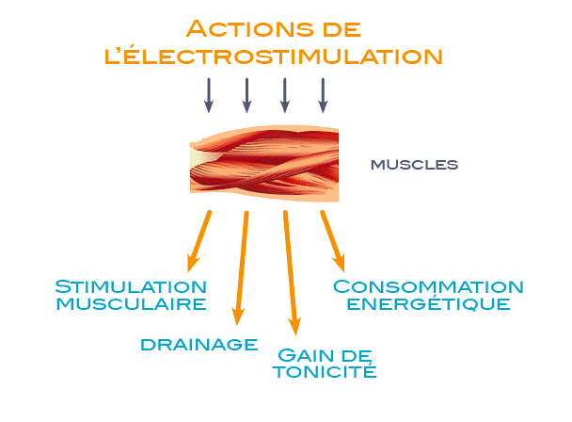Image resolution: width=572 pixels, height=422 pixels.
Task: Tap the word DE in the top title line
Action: (x=342, y=29)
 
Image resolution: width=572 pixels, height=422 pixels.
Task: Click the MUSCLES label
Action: (x=414, y=165)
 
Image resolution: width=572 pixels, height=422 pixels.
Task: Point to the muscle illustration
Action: (x=264, y=164)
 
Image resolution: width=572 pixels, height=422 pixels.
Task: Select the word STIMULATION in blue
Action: (x=131, y=286)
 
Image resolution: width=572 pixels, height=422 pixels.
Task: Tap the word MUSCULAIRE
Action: (x=132, y=304)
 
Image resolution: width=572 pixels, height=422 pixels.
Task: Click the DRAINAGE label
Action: (x=199, y=345)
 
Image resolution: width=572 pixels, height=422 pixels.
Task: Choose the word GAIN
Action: (x=306, y=355)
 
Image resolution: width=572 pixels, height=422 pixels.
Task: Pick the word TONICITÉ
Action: (x=325, y=371)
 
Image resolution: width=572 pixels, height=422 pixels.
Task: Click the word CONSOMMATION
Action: (x=428, y=286)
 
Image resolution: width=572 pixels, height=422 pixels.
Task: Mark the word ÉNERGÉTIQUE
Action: (x=428, y=303)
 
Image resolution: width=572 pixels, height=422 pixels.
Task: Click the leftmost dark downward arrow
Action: (x=209, y=95)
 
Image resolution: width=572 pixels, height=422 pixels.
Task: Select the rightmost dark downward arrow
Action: (x=323, y=95)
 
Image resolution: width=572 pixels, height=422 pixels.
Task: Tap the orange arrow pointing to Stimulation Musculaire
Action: (x=199, y=241)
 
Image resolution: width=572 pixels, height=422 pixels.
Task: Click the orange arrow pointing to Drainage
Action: (x=242, y=268)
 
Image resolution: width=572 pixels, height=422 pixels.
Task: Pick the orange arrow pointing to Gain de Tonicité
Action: (x=291, y=272)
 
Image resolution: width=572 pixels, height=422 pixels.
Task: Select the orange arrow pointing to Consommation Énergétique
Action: (x=333, y=241)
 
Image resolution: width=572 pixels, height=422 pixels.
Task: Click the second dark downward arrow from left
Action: (x=247, y=95)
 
